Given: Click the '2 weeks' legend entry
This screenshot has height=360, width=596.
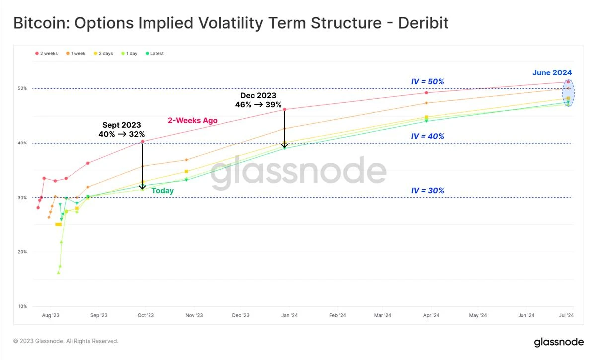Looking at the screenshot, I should pos(47,53).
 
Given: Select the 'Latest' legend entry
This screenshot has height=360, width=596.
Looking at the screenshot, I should pos(154,53).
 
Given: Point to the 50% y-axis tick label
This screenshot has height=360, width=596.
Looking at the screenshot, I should pos(23,88).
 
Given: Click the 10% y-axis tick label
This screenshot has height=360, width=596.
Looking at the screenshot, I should pos(23,306).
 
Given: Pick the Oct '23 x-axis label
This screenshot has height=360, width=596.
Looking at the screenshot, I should pos(146,315).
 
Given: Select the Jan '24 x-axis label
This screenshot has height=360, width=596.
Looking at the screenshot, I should pos(290,315).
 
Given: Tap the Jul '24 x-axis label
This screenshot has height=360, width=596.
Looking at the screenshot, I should pos(566,315).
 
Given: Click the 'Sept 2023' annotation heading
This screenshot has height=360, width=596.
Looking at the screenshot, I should pos(122,125).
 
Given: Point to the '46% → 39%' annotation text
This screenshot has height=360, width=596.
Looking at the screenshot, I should pos(258,105).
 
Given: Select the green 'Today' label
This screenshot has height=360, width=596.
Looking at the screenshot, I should pos(162,191).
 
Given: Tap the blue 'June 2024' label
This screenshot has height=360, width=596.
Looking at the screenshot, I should pos(552,72).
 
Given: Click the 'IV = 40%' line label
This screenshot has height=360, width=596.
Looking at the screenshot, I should pos(428,136).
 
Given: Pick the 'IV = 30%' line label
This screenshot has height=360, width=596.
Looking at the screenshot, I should pos(428,191).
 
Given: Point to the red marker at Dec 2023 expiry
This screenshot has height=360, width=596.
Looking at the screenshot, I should pos(285,109).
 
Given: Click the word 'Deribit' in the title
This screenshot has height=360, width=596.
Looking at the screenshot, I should pos(423,23).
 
